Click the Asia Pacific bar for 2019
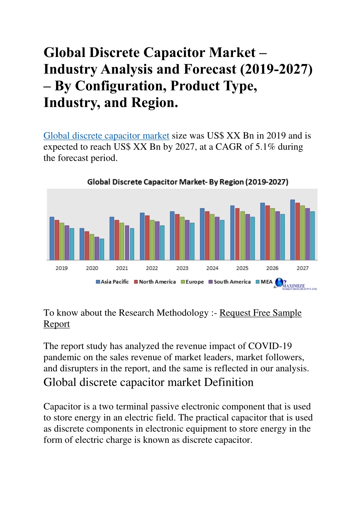click(x=52, y=238)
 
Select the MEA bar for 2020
click(x=102, y=249)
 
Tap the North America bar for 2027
click(x=297, y=231)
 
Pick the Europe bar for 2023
click(x=182, y=238)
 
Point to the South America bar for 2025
click(x=247, y=237)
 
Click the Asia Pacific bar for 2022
click(x=142, y=236)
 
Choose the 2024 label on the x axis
click(x=212, y=268)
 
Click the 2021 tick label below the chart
click(x=122, y=268)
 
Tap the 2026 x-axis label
click(x=272, y=268)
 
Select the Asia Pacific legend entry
click(x=113, y=282)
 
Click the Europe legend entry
click(x=192, y=282)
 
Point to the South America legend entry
click(x=230, y=282)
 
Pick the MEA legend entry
click(x=264, y=282)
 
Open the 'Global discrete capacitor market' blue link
click(x=106, y=136)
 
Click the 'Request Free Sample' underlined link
click(x=260, y=313)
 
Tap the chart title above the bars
click(x=188, y=182)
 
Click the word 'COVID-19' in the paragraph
click(x=270, y=346)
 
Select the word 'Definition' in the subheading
click(x=229, y=382)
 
